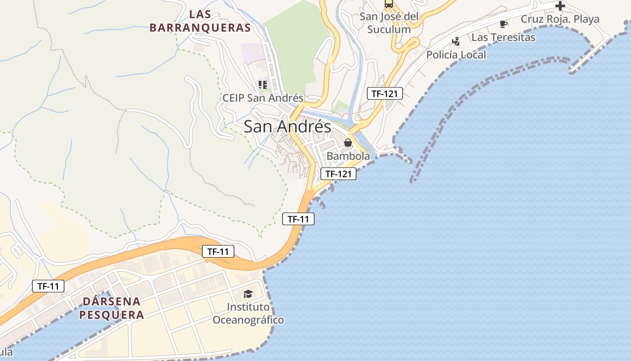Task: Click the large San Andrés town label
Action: coord(288,126)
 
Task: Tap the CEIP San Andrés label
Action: coord(263,98)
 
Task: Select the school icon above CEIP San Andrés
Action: coord(263,84)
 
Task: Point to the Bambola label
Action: coord(348,156)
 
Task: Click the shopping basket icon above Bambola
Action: coord(348,143)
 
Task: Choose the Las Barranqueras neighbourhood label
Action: coord(200,21)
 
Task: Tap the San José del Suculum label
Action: coord(389,23)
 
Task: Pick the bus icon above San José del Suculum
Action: coord(389,4)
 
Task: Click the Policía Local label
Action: coord(456,55)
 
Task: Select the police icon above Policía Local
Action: coord(456,42)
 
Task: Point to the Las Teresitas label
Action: coord(503,37)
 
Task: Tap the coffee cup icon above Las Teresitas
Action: coord(503,24)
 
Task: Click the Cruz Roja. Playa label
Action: coord(560,19)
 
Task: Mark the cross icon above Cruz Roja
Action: coord(560,6)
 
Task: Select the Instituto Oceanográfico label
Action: coord(248,313)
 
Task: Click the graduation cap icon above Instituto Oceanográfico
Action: coord(248,294)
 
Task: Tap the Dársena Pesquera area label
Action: coord(112,308)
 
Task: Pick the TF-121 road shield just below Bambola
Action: coord(338,173)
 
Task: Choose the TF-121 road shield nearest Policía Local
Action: coord(384,93)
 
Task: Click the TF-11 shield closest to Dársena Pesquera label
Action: coord(48,286)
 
